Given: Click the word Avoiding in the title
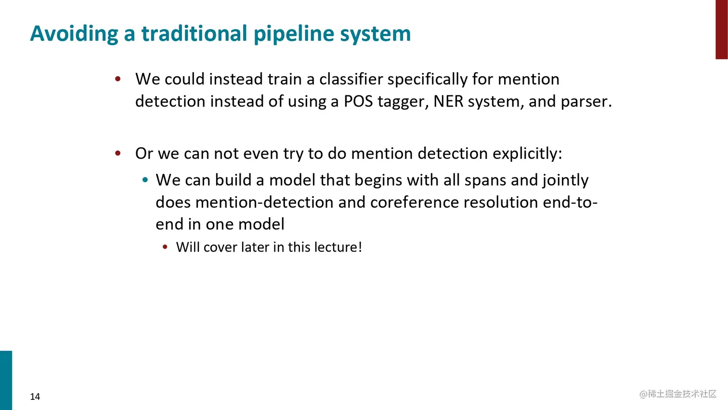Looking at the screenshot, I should point(74,34).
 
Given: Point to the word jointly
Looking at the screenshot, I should point(565,180).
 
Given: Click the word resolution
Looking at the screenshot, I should point(501,202).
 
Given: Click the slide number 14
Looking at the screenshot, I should point(35,397).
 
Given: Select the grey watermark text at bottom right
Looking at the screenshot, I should point(678,394).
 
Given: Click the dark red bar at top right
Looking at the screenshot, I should point(721,29).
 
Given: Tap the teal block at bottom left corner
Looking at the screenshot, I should point(6,380).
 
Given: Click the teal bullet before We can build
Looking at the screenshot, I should point(145,180).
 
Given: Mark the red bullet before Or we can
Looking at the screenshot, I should point(118,154).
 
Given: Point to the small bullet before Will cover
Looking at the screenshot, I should point(165,247).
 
